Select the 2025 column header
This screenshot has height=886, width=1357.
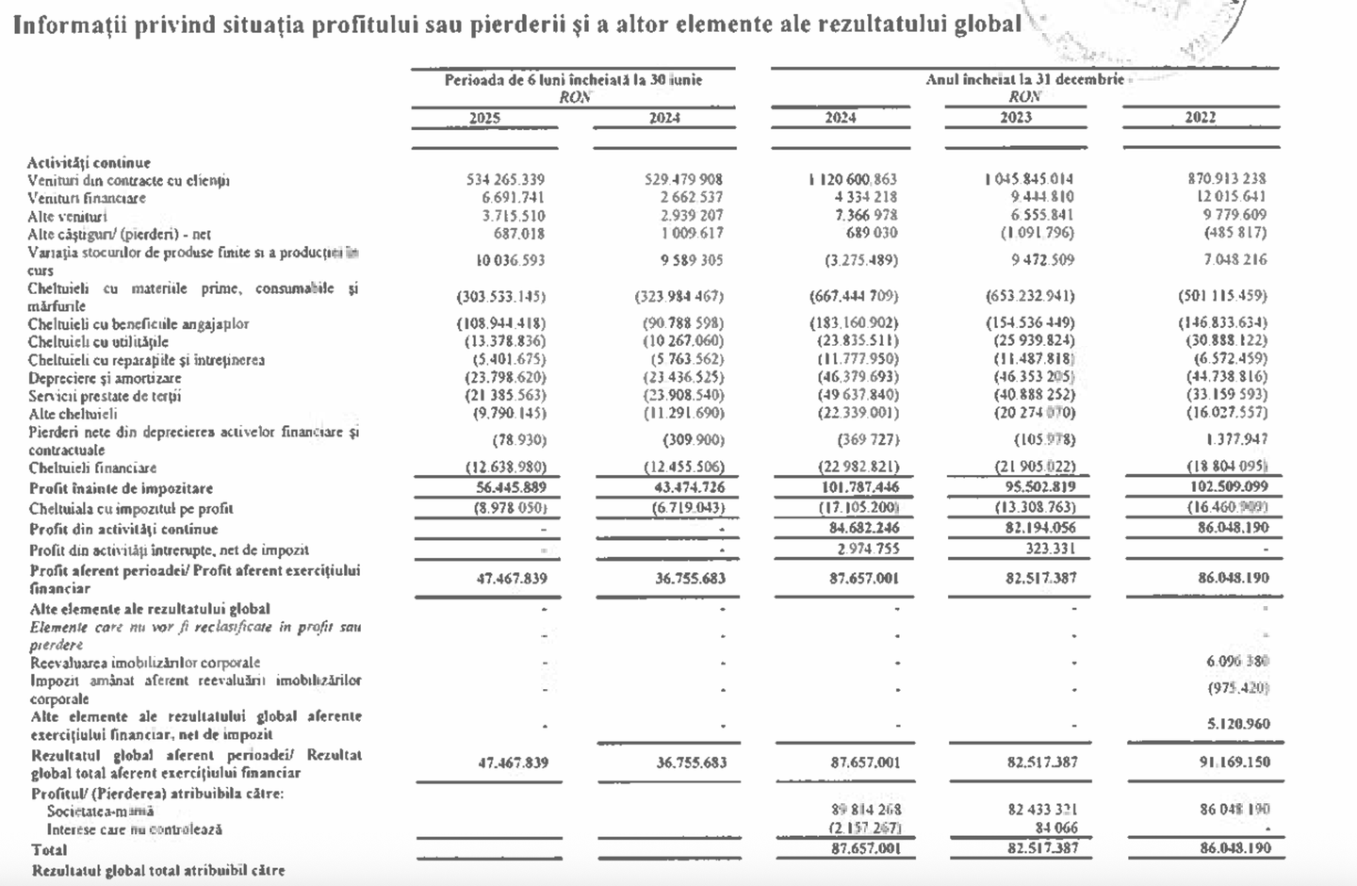coord(484,118)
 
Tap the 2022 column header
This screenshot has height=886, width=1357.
coord(1200,118)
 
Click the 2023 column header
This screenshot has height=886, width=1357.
coord(1016,118)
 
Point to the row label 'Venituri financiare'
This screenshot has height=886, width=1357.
coord(87,198)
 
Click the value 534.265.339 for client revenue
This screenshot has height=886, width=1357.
coord(505,179)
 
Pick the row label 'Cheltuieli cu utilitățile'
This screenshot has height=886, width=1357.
coord(98,341)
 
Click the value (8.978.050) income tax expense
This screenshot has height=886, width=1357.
coord(506,508)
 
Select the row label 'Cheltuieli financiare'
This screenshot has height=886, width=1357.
coord(92,468)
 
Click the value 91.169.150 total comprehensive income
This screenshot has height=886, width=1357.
coord(1234,762)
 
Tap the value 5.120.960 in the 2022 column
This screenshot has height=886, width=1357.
coord(1237,724)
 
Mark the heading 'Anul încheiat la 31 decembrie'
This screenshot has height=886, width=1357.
coord(1024,79)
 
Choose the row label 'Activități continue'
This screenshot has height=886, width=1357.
coord(89,162)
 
